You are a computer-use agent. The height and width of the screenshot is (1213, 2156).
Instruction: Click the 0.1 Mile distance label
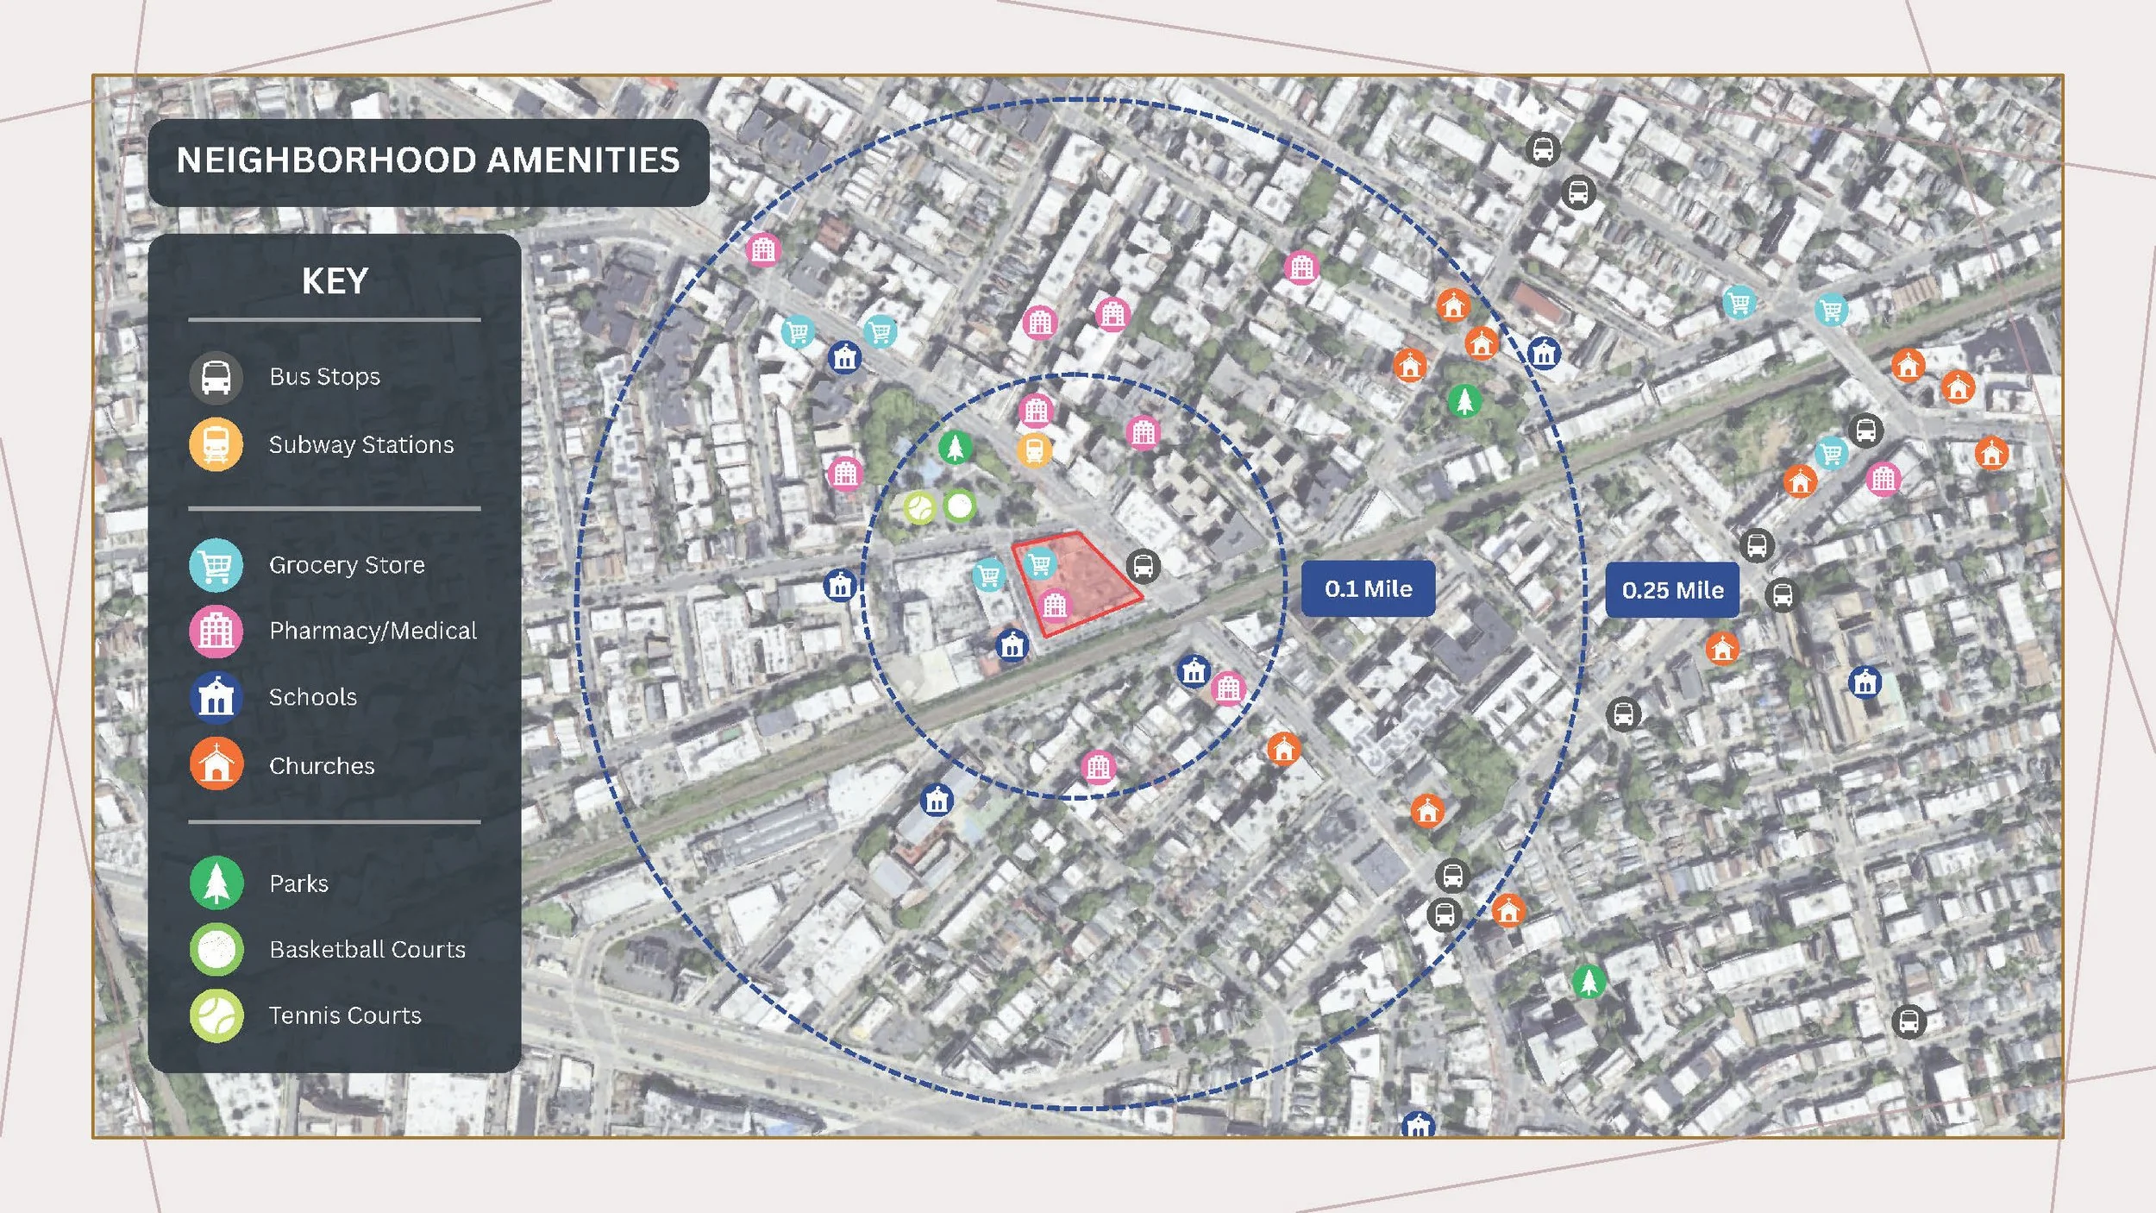[x=1368, y=588]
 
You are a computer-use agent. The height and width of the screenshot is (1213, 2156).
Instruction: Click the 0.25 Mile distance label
[x=1672, y=590]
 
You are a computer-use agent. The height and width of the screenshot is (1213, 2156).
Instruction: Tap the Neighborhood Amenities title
[x=429, y=161]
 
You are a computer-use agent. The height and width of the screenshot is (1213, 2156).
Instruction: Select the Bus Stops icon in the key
[x=216, y=377]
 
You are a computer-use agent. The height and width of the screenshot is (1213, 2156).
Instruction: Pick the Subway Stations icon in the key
[x=216, y=444]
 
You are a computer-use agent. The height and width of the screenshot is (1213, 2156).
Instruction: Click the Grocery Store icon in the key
[x=216, y=565]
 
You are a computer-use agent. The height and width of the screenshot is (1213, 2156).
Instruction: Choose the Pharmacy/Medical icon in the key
[x=216, y=632]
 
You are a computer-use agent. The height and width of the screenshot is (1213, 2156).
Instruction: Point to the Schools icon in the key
[x=216, y=697]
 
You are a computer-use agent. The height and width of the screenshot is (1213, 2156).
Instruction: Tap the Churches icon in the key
[x=216, y=764]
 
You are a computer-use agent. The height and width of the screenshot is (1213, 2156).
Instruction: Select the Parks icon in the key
[x=216, y=883]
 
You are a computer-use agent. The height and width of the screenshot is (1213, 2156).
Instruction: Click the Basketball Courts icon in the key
[x=216, y=949]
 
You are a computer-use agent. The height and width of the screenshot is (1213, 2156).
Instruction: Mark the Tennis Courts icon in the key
[x=216, y=1015]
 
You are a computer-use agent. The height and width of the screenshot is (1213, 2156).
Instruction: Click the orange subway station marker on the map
[x=1034, y=449]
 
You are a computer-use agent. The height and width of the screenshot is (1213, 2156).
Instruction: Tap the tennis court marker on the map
[x=920, y=507]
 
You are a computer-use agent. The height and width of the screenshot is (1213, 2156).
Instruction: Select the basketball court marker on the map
[x=959, y=506]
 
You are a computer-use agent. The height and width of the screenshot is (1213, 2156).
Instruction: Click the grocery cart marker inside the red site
[x=1040, y=564]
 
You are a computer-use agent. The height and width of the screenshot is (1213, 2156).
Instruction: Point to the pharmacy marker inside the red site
[x=1055, y=606]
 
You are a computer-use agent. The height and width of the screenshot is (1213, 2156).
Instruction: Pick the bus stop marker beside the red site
[x=1144, y=566]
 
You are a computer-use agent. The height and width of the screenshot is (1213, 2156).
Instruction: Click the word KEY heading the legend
[x=335, y=281]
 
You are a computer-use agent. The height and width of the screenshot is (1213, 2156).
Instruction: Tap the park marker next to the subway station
[x=955, y=447]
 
